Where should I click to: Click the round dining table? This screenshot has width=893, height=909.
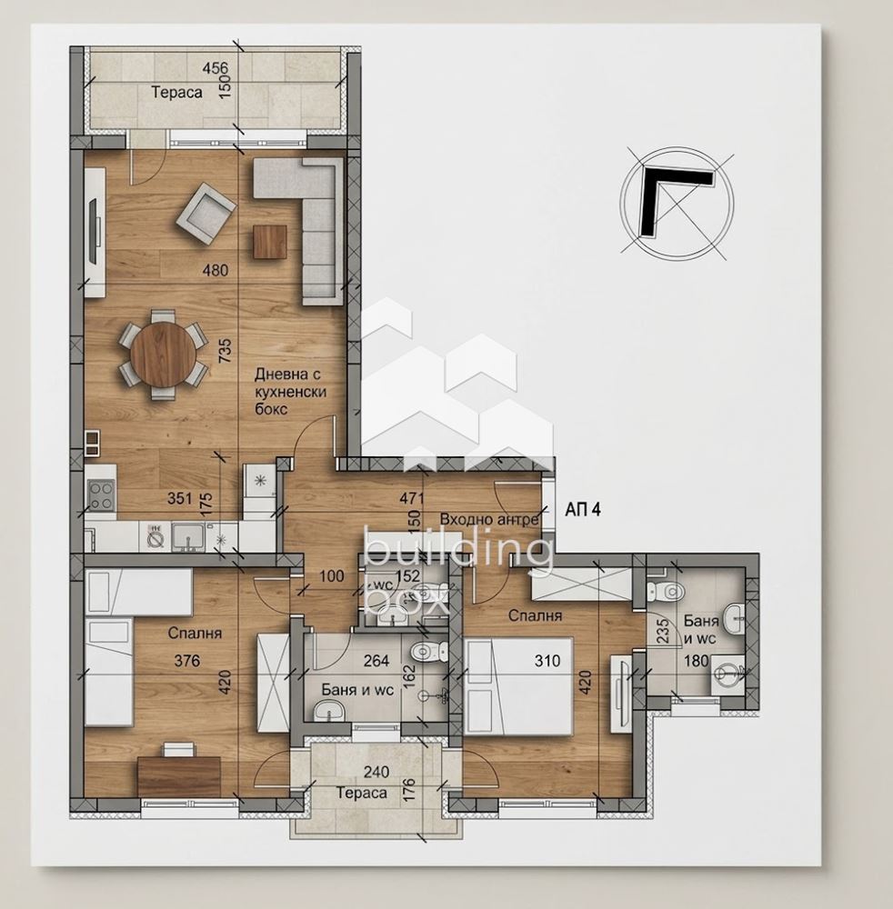point(163,355)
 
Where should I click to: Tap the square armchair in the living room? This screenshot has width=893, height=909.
point(206,214)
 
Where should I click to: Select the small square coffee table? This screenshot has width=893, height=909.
point(270,242)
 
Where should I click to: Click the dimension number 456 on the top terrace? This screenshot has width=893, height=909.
point(215,68)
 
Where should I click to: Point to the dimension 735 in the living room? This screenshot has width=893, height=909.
point(225,351)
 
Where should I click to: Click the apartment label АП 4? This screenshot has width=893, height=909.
point(583,510)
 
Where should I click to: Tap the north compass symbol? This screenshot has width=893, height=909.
point(677,204)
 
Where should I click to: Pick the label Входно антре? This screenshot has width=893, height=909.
point(489,519)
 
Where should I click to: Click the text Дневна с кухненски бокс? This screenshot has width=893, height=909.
point(290,392)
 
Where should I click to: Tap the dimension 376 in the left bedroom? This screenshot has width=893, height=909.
point(186,660)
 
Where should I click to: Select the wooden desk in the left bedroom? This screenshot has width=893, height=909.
point(179,776)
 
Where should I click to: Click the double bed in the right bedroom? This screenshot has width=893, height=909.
point(518,685)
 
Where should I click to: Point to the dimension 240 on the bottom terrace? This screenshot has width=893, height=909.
point(376,772)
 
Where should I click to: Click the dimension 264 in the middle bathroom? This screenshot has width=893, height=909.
point(376,660)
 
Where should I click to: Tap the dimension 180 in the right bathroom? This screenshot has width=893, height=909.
point(696,660)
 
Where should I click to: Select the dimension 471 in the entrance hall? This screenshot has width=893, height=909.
point(412,498)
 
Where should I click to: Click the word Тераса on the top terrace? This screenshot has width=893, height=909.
point(176,92)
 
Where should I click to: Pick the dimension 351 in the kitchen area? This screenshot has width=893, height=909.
point(179,498)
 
